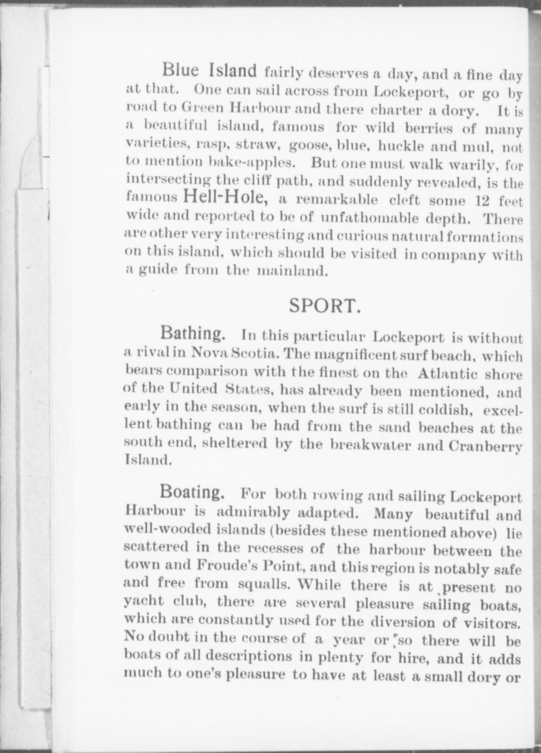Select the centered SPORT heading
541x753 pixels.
click(x=325, y=306)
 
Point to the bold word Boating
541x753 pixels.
click(x=192, y=491)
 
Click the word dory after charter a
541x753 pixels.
click(x=460, y=111)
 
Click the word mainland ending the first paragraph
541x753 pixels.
click(x=292, y=271)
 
